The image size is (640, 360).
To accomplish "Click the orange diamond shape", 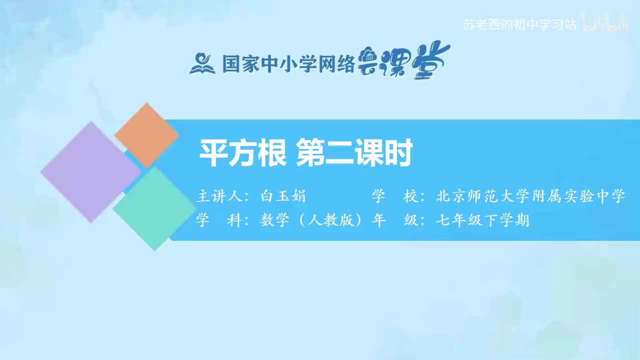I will coord(146,135).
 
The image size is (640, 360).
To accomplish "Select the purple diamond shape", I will coord(90,171).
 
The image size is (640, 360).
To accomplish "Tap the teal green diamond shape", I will coord(154,208).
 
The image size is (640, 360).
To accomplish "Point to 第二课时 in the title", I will coord(354,153).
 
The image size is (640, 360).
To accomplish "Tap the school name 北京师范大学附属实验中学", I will coord(530,196).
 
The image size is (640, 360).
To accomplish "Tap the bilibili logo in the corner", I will coord(605,24).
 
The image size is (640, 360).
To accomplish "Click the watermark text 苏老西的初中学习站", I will coord(520,25).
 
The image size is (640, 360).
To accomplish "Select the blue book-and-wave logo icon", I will coord(202,63).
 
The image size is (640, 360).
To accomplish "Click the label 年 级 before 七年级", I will coord(395,220).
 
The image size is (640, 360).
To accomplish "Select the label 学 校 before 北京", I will coord(395,196).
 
